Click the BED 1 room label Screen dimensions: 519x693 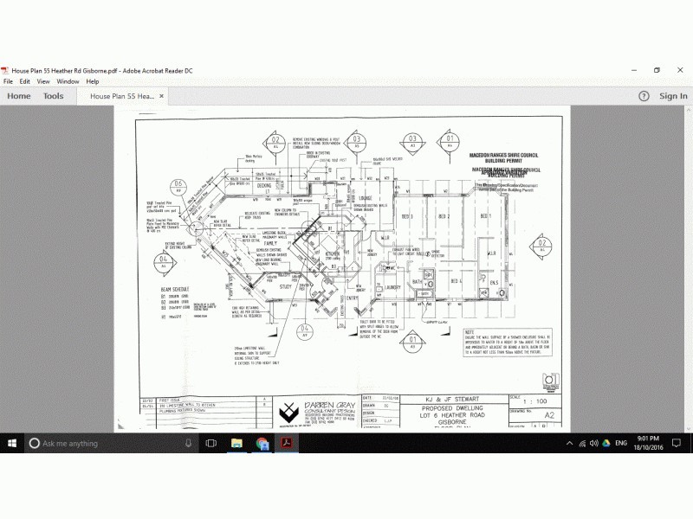click(x=485, y=216)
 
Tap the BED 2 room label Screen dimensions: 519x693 click(x=444, y=216)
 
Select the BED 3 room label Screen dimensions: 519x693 click(x=405, y=216)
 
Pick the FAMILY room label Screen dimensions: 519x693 click(x=259, y=246)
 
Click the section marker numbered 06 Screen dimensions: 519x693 click(x=178, y=185)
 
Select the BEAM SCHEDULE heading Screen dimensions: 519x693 click(x=175, y=288)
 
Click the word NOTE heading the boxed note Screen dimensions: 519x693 click(x=470, y=332)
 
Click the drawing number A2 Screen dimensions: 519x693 click(x=547, y=415)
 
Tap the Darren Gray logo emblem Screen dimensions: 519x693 click(x=287, y=412)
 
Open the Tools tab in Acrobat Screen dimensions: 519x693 click(x=54, y=96)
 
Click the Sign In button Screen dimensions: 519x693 click(x=673, y=96)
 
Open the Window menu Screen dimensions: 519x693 click(x=68, y=81)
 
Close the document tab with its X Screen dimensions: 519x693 click(x=161, y=96)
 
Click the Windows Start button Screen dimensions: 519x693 click(x=13, y=443)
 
